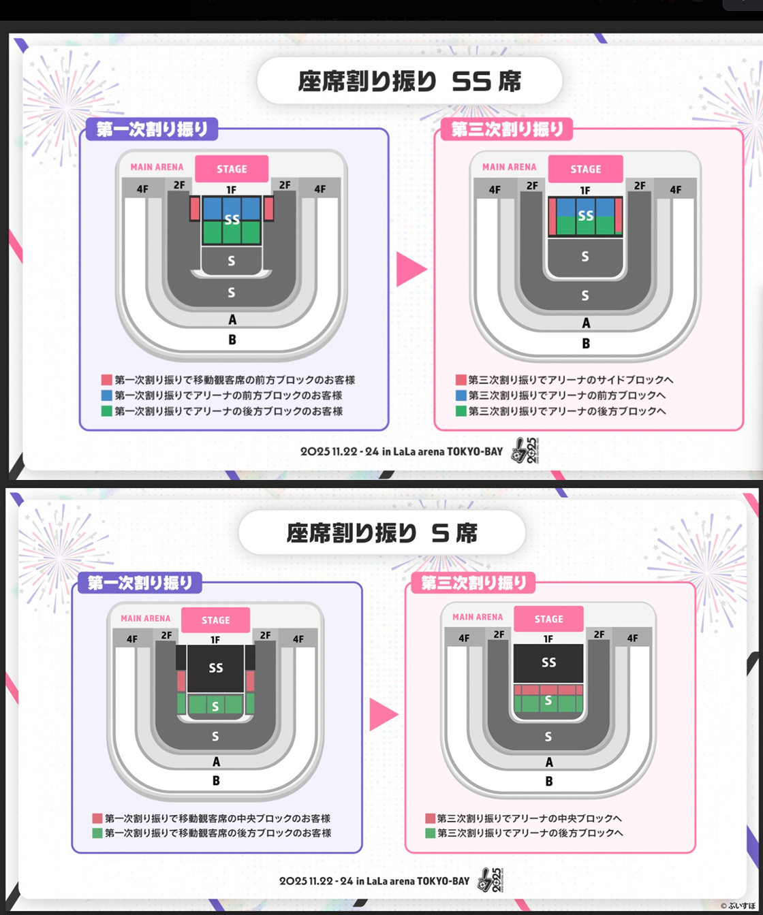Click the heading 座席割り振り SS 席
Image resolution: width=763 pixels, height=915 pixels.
click(409, 80)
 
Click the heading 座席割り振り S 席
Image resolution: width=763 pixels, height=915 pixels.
click(381, 533)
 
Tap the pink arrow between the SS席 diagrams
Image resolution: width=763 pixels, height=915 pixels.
click(411, 269)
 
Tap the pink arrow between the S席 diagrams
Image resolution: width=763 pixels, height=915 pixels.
click(383, 715)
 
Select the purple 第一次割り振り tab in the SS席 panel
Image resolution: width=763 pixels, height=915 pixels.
click(152, 129)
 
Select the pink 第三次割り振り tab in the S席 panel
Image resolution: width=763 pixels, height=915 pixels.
click(474, 583)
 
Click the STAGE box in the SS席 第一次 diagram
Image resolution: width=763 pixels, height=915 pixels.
click(232, 169)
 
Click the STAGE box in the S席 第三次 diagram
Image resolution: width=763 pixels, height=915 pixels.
click(548, 619)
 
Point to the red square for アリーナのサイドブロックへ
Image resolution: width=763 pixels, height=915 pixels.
click(460, 380)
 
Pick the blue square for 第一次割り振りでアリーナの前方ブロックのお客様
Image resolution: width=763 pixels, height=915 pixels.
click(106, 396)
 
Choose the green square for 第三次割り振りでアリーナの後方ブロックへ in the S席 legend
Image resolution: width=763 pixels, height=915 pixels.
click(430, 833)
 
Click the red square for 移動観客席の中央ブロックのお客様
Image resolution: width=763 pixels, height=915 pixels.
click(97, 818)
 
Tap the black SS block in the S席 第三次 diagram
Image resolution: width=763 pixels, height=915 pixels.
click(548, 662)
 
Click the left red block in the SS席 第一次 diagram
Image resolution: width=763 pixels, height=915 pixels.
click(194, 208)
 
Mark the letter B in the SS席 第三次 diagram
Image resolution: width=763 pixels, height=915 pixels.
click(586, 344)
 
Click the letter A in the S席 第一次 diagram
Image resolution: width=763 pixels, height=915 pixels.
click(216, 762)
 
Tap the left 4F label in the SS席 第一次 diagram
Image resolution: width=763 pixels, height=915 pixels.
click(142, 189)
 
